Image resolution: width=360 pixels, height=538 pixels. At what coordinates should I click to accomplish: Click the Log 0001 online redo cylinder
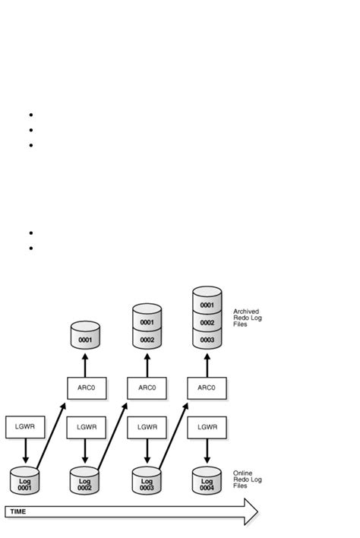(25, 483)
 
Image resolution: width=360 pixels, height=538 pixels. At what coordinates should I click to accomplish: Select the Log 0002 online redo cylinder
(85, 483)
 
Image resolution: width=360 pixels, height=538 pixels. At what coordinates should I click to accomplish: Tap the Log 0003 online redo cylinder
(147, 483)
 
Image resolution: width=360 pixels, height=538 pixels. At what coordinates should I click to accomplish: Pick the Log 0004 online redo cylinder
(207, 482)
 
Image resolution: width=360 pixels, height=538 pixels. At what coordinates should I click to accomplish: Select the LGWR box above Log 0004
(207, 427)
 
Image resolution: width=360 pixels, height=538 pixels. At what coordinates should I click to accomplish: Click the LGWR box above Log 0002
(86, 427)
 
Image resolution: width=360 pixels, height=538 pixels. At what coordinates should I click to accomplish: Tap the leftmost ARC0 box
(86, 388)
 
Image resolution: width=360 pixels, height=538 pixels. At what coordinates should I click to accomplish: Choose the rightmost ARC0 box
(207, 388)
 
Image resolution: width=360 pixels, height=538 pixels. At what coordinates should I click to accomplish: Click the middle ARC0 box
(147, 388)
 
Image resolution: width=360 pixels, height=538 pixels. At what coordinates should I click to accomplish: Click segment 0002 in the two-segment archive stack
(147, 340)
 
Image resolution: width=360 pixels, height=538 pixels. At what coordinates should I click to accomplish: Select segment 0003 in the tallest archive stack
(207, 340)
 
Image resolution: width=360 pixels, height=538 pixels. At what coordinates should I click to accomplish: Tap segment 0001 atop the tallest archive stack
(207, 305)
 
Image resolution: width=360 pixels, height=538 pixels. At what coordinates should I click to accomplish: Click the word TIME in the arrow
(17, 511)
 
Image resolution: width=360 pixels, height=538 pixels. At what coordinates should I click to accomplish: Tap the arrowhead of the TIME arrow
(251, 511)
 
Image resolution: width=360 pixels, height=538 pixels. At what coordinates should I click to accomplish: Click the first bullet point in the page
(30, 115)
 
